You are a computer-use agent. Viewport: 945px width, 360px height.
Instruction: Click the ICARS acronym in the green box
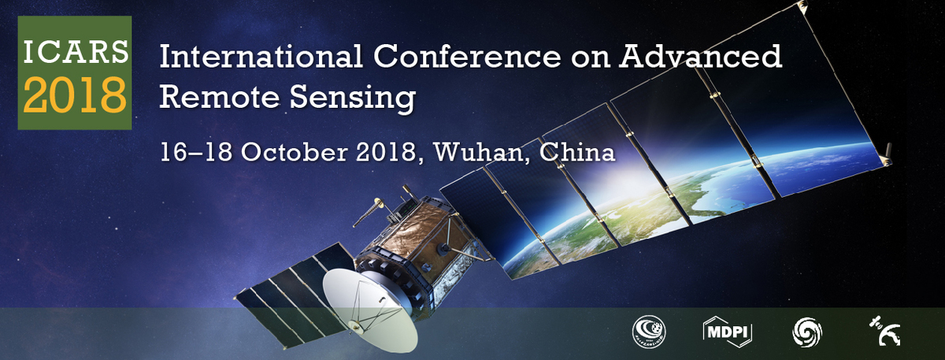pyautogui.click(x=76, y=52)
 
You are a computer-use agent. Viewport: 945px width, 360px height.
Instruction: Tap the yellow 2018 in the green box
pyautogui.click(x=75, y=95)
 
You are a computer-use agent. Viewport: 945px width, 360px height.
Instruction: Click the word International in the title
pyautogui.click(x=261, y=57)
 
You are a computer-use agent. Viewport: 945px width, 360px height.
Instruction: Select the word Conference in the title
pyautogui.click(x=468, y=57)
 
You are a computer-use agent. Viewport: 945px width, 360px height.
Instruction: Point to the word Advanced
pyautogui.click(x=701, y=56)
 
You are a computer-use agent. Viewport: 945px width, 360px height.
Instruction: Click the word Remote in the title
pyautogui.click(x=220, y=97)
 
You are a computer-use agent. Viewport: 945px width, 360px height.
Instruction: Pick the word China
pyautogui.click(x=577, y=152)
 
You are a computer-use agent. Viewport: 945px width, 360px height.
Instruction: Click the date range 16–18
pyautogui.click(x=196, y=152)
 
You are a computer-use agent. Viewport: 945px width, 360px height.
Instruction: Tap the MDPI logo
pyautogui.click(x=728, y=332)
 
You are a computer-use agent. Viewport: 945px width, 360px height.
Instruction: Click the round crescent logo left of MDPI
pyautogui.click(x=650, y=332)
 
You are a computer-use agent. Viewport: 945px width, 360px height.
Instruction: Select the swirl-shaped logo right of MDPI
pyautogui.click(x=807, y=332)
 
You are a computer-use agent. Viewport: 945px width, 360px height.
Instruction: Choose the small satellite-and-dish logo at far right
pyautogui.click(x=884, y=332)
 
